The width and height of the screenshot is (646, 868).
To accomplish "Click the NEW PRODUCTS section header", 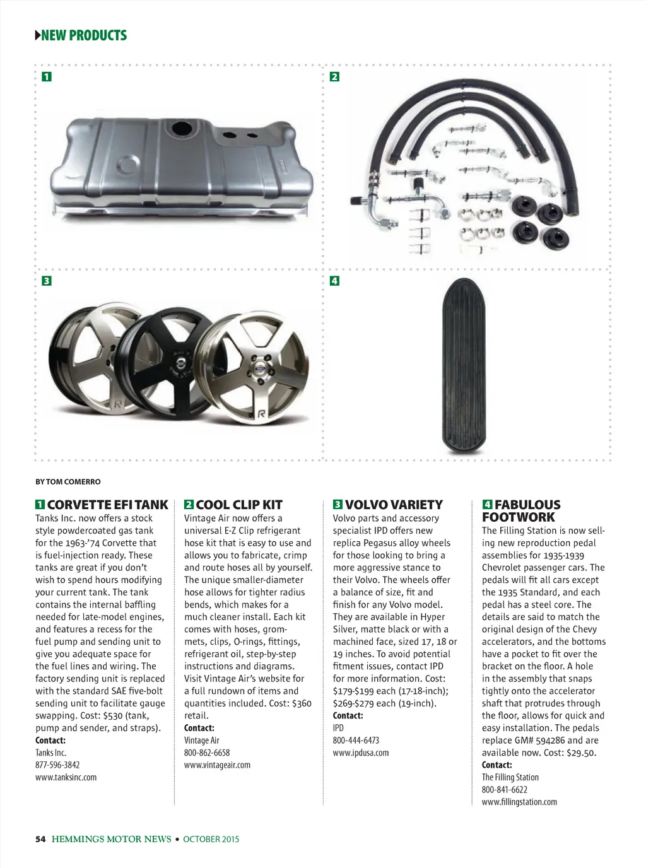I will pyautogui.click(x=83, y=35).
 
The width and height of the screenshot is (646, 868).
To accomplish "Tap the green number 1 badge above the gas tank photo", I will pyautogui.click(x=47, y=77).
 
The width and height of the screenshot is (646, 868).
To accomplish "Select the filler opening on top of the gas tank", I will pyautogui.click(x=182, y=127).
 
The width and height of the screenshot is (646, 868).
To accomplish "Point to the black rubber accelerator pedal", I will pyautogui.click(x=464, y=366).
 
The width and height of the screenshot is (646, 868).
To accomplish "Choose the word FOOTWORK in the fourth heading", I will pyautogui.click(x=518, y=517).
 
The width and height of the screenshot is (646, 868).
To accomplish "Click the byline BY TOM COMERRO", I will pyautogui.click(x=68, y=482).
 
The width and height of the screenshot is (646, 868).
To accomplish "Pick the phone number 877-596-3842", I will pyautogui.click(x=57, y=765).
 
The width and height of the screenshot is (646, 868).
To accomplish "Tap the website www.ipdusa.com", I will pyautogui.click(x=361, y=753).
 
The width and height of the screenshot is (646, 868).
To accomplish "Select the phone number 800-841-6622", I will pyautogui.click(x=505, y=790).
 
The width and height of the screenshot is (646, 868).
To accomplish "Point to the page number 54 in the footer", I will pyautogui.click(x=40, y=839).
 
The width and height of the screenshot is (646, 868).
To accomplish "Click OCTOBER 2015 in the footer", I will pyautogui.click(x=211, y=839).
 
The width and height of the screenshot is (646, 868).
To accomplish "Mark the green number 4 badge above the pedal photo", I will pyautogui.click(x=334, y=281).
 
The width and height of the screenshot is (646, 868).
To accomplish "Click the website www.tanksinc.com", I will pyautogui.click(x=66, y=777).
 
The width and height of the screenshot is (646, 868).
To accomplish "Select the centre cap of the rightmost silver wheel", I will pyautogui.click(x=259, y=367).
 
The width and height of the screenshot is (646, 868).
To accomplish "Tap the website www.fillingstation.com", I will pyautogui.click(x=519, y=802).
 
